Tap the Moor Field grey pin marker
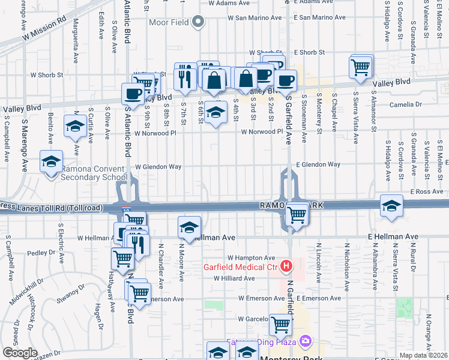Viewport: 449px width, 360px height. click(199, 23)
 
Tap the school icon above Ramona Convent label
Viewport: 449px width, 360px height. click(52, 161)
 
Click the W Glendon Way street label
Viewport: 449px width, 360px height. click(158, 166)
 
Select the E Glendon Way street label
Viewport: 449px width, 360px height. click(318, 164)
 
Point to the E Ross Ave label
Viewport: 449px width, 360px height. click(426, 191)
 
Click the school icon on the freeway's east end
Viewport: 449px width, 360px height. click(391, 205)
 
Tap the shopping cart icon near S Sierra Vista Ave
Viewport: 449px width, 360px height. click(361, 67)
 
